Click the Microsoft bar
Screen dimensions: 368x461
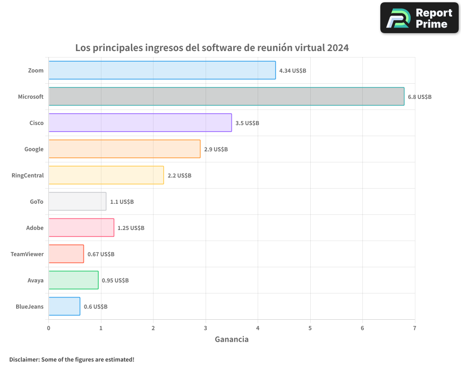226,97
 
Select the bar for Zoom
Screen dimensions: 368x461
162,70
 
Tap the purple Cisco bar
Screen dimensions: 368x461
140,123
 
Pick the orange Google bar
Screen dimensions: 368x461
124,149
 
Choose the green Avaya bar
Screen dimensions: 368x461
73,280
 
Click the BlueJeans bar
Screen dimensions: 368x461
64,306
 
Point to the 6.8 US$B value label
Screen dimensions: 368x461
420,97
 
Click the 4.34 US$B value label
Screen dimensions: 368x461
293,71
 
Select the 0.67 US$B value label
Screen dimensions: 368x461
101,254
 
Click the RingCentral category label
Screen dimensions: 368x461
28,175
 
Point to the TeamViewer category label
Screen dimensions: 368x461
27,254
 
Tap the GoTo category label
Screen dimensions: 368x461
36,201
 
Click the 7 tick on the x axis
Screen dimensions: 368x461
415,328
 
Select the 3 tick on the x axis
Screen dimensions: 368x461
206,328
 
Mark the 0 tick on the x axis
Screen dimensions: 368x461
48,328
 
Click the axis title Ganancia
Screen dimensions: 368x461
231,339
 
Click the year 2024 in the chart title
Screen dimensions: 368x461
338,48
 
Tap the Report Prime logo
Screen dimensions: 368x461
419,18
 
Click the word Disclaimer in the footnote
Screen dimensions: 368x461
24,359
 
